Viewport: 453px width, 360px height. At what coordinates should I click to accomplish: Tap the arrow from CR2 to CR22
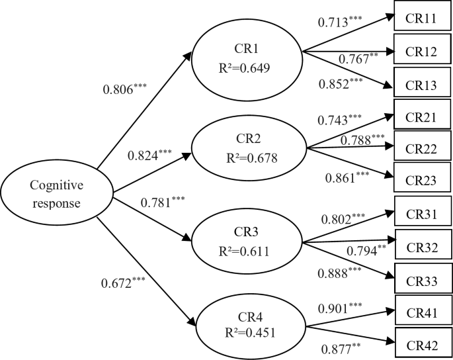[x=350, y=146]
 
